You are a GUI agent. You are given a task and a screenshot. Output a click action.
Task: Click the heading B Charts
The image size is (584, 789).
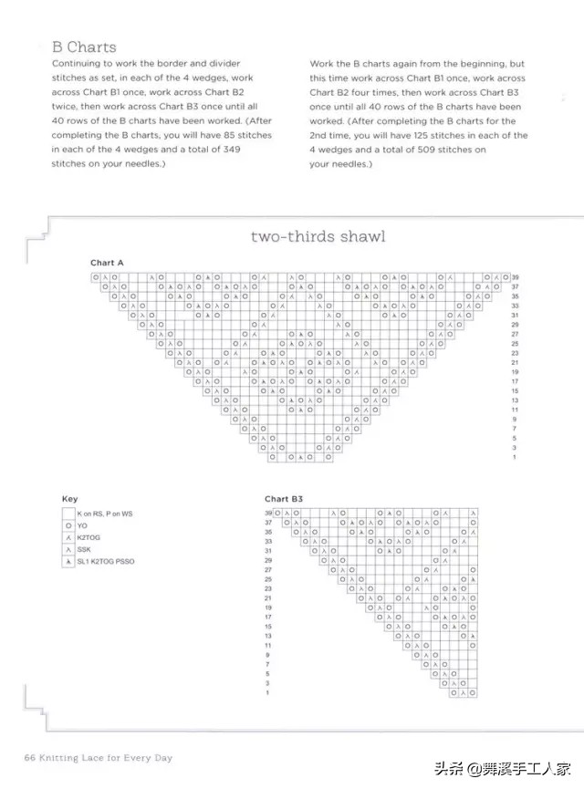(x=84, y=47)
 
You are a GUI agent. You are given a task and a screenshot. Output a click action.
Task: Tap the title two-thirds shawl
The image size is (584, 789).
(x=318, y=236)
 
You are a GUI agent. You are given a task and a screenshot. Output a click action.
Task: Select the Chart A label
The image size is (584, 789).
(x=107, y=263)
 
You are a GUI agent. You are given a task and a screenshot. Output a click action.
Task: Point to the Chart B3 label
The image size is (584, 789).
(x=284, y=499)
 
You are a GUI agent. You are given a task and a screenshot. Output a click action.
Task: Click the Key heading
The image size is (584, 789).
(x=69, y=499)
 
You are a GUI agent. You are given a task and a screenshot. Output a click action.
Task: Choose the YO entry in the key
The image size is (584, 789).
(x=82, y=526)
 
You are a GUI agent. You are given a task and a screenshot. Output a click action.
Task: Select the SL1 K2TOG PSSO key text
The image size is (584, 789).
(x=105, y=562)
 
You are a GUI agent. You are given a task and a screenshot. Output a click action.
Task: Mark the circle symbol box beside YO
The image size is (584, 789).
(x=68, y=526)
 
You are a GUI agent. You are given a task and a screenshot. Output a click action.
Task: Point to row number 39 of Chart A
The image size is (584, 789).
(x=516, y=277)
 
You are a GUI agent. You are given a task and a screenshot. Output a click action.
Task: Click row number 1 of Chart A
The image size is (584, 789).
(x=515, y=457)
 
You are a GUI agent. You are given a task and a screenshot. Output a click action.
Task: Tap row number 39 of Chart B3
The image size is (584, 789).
(x=268, y=514)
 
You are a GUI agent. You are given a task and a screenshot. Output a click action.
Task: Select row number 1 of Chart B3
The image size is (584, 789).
(x=268, y=693)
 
